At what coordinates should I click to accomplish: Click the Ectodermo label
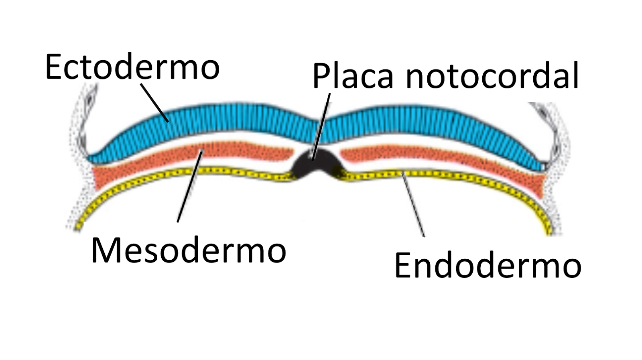click(132, 67)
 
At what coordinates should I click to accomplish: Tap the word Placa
click(353, 76)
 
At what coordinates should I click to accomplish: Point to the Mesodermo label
click(189, 250)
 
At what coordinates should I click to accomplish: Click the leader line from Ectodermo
click(154, 102)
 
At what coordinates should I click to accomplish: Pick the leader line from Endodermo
click(413, 205)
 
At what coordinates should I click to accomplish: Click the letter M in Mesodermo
click(105, 250)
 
